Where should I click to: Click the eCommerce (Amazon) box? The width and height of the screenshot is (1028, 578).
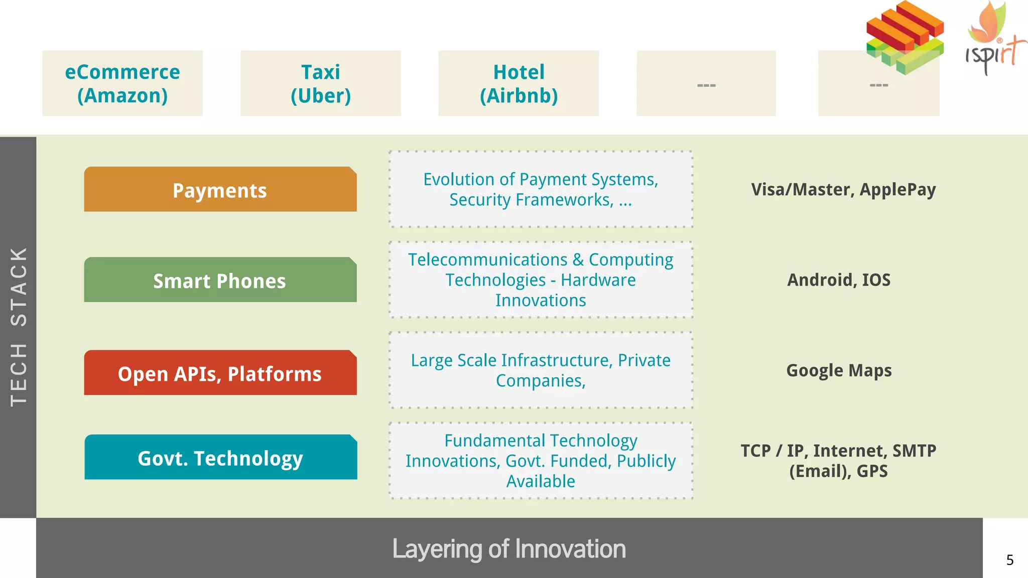(122, 83)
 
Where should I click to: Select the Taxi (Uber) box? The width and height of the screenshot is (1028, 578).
(320, 83)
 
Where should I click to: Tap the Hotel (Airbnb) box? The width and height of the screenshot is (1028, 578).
(519, 83)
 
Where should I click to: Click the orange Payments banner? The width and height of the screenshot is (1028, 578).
(220, 190)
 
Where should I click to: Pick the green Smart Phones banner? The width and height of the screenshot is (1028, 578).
(220, 280)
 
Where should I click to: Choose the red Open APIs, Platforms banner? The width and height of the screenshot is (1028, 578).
(220, 373)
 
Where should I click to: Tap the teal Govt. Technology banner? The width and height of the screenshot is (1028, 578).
(220, 457)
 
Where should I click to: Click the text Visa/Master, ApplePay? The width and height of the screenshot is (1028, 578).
(843, 190)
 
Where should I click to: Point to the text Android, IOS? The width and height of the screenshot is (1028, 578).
(839, 280)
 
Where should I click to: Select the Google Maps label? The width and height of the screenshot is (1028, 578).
(839, 370)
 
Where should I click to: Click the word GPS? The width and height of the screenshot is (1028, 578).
(872, 471)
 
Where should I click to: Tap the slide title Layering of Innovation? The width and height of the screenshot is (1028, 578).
(508, 548)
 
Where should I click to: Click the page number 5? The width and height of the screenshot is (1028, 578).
(1010, 560)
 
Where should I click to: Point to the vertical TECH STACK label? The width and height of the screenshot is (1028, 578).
(18, 326)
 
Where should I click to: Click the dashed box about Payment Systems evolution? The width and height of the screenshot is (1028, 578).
(541, 190)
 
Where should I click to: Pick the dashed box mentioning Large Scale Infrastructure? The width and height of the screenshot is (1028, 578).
(541, 370)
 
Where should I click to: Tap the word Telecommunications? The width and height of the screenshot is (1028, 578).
(487, 260)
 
